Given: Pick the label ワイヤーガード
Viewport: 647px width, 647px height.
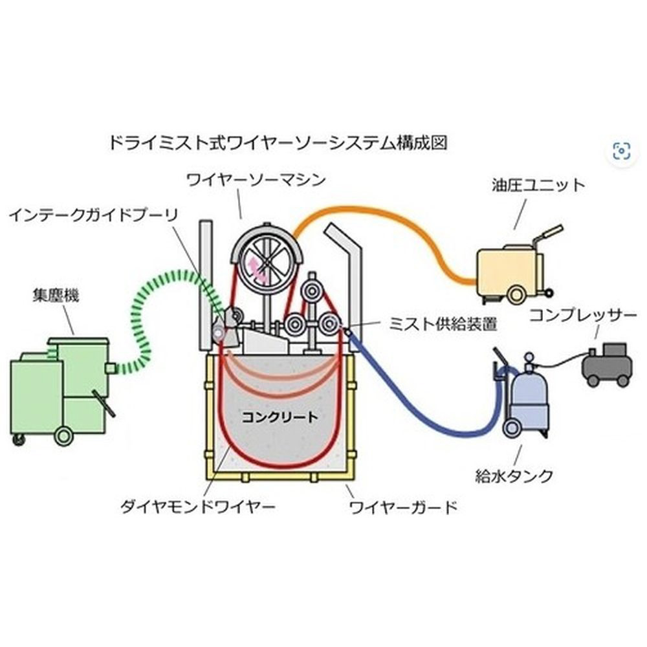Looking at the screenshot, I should [403, 506].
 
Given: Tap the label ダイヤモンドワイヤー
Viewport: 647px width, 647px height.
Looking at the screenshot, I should [197, 506].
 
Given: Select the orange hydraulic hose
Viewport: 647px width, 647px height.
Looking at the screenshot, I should [401, 220].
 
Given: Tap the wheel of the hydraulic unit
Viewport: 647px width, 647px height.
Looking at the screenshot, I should [516, 295].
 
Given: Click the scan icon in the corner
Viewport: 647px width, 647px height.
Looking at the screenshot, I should [621, 151].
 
